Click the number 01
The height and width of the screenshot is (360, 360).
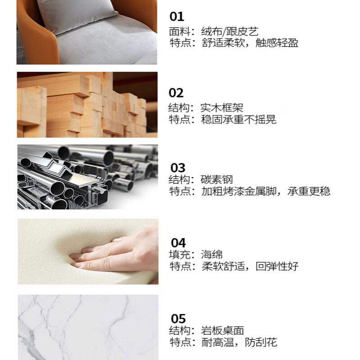177,17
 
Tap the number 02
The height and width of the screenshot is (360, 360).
176,93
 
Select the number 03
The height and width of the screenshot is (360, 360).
178,168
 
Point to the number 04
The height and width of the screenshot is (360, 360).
178,243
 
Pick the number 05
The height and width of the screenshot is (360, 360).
178,319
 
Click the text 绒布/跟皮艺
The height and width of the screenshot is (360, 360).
229,31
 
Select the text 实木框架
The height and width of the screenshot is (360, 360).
222,108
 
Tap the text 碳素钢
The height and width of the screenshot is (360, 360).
216,180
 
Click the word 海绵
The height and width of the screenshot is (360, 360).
211,255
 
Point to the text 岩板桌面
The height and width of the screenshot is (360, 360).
222,331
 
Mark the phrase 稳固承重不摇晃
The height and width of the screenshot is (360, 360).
238,120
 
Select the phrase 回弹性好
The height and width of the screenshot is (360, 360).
277,266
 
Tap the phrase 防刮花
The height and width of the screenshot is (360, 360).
261,342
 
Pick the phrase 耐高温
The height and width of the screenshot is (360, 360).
217,342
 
